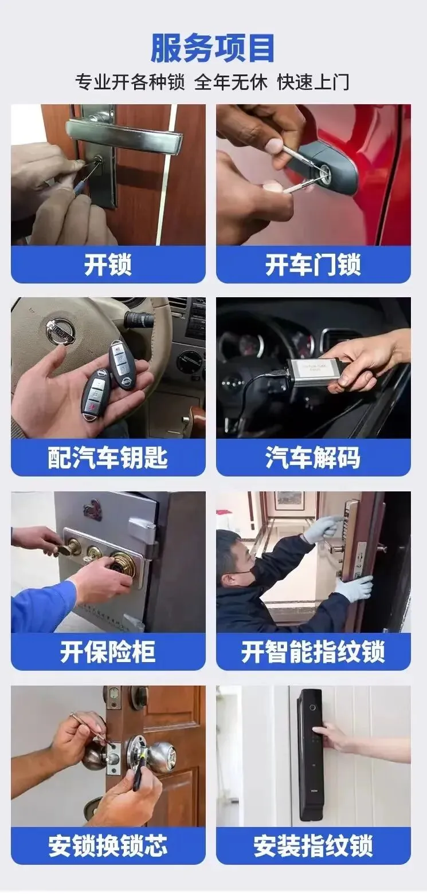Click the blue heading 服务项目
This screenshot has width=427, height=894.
pos(213,48)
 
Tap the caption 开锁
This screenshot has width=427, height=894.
pos(108,265)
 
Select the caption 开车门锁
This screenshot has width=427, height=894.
pos(313,265)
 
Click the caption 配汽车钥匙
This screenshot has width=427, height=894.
pos(108,458)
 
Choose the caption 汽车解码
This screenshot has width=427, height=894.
pos(313,458)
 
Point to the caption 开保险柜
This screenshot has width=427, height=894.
pos(108,651)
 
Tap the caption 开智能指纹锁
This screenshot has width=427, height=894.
pos(313,651)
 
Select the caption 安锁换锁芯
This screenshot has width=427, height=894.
pos(108,846)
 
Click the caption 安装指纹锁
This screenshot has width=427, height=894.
pos(313,846)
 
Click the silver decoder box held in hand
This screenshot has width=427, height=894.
pos(312,372)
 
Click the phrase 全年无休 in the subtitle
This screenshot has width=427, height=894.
pos(231,82)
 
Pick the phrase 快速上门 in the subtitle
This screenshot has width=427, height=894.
pos(314,82)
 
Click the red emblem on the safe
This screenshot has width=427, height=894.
pos(93,510)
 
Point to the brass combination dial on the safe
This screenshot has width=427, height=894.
pos(124,564)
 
